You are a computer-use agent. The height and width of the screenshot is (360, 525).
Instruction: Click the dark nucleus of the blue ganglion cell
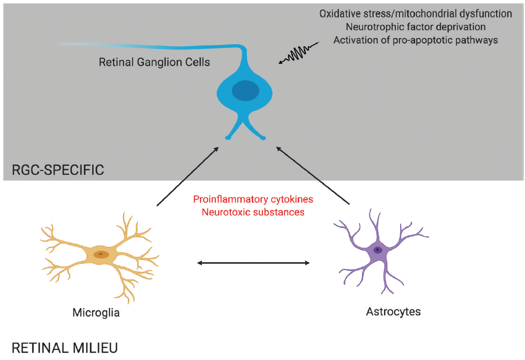(x=246, y=91)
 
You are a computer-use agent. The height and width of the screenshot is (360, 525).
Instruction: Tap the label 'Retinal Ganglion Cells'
(x=154, y=62)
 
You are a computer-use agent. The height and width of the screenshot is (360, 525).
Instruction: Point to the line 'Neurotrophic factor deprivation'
(x=415, y=27)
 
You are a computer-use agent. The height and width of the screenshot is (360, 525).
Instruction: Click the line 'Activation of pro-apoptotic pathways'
(x=415, y=40)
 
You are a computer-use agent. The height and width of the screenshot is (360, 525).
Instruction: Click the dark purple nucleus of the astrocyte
(x=378, y=250)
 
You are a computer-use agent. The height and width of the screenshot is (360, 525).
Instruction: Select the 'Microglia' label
(x=96, y=312)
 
